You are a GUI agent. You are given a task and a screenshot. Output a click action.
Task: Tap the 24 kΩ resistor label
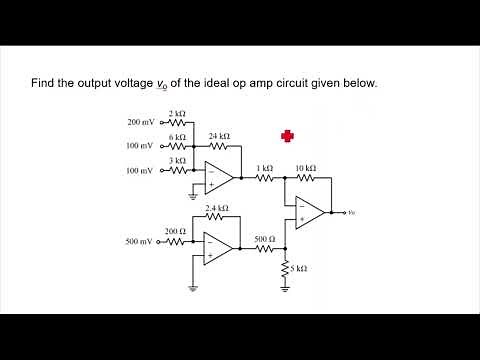[x=219, y=135]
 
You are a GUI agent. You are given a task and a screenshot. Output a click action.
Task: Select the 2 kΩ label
[x=177, y=114]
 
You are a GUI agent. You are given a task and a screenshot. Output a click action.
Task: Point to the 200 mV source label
[x=141, y=122]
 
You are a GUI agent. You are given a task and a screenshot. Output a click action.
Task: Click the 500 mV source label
[x=140, y=242]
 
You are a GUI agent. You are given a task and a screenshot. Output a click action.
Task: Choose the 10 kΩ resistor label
[x=306, y=168]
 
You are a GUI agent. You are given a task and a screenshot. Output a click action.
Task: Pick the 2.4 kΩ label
[x=216, y=208]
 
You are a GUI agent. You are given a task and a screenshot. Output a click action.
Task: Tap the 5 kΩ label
[x=298, y=268]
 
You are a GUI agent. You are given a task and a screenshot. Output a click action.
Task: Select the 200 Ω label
[x=175, y=231]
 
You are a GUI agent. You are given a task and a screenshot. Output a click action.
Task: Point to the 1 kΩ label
[x=264, y=168]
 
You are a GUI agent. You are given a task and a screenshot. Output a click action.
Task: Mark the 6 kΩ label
[x=177, y=136]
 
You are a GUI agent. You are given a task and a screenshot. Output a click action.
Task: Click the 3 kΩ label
[x=177, y=159]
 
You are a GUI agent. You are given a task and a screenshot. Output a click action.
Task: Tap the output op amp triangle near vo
[x=310, y=212]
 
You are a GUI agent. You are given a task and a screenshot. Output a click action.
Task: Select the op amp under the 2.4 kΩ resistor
[x=218, y=248]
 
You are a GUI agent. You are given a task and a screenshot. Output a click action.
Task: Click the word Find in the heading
[x=44, y=83]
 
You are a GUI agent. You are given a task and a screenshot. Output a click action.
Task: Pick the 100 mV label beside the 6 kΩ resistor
[x=141, y=146]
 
